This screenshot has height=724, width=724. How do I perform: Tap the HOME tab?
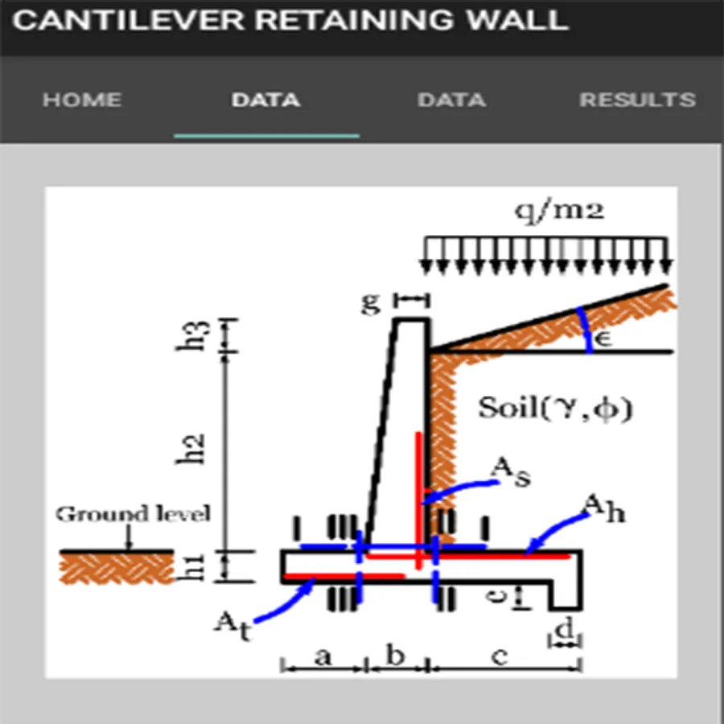(82, 100)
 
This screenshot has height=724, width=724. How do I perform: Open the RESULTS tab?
(638, 100)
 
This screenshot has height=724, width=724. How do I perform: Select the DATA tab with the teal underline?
(266, 100)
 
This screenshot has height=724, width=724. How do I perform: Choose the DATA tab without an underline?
(451, 100)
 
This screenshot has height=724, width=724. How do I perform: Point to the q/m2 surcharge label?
(559, 212)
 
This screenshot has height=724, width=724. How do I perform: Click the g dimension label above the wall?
(371, 302)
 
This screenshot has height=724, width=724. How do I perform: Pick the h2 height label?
(191, 449)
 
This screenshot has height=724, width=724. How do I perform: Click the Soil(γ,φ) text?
(554, 409)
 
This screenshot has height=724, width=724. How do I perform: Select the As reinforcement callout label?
(511, 471)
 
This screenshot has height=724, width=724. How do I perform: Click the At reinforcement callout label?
(233, 626)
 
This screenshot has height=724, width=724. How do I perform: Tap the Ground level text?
(133, 514)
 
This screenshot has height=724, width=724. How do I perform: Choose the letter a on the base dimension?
(323, 656)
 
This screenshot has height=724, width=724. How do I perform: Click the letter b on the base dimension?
(395, 654)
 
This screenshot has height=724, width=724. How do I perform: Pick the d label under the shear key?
(564, 627)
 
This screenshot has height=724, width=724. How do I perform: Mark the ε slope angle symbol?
(603, 339)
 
